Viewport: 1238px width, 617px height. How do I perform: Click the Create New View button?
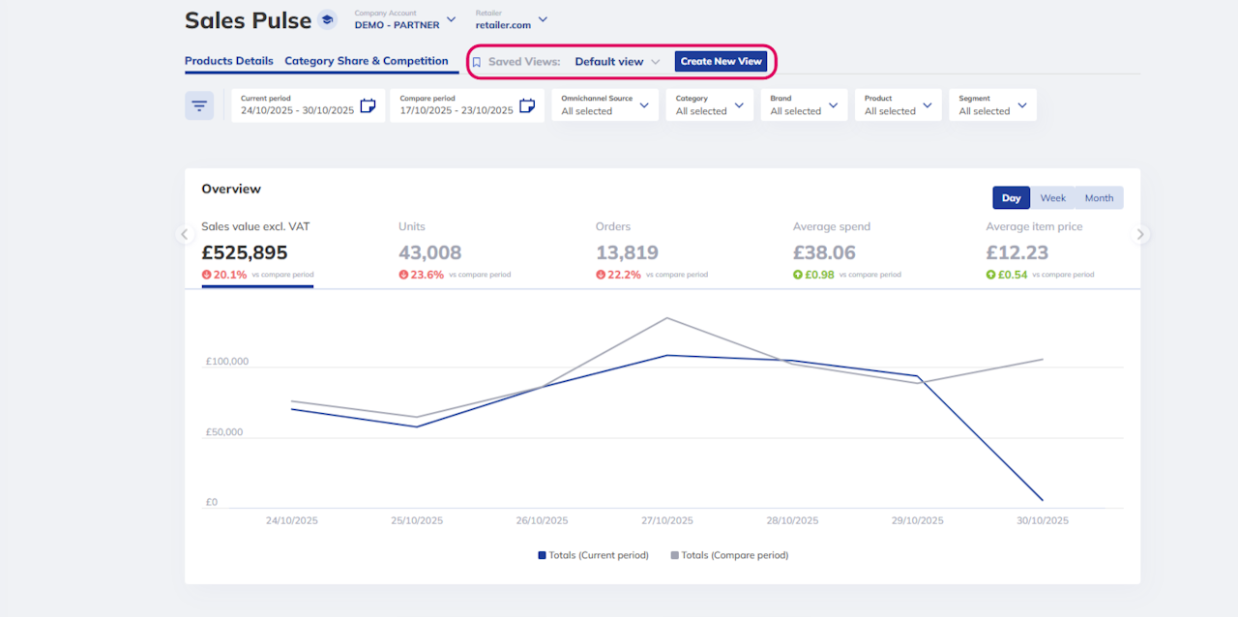click(x=721, y=61)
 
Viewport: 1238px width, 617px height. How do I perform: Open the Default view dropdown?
click(x=617, y=61)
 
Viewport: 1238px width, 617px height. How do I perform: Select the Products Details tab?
click(x=229, y=61)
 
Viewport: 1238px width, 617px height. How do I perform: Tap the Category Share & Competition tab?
click(x=366, y=61)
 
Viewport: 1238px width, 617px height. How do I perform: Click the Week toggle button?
click(x=1052, y=198)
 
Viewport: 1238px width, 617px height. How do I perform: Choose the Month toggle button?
click(x=1099, y=198)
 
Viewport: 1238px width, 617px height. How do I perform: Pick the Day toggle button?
click(x=1011, y=198)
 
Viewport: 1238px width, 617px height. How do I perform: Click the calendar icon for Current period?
click(x=368, y=105)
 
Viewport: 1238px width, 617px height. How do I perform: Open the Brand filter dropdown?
click(x=804, y=105)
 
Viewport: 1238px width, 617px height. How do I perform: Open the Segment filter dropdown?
click(x=992, y=105)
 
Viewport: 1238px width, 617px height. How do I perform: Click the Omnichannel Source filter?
click(x=604, y=105)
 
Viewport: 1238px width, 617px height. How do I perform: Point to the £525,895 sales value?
click(x=245, y=252)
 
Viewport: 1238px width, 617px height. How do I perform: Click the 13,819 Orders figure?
click(x=627, y=252)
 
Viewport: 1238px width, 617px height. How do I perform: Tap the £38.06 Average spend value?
click(x=824, y=252)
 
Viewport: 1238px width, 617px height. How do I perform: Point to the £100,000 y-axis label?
click(x=227, y=361)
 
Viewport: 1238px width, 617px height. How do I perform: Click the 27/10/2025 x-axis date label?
click(x=667, y=520)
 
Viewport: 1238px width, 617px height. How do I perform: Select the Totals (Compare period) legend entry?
click(x=729, y=555)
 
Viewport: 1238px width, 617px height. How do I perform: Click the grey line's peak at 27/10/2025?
click(x=667, y=318)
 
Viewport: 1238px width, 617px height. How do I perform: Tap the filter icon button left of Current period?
click(x=199, y=105)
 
